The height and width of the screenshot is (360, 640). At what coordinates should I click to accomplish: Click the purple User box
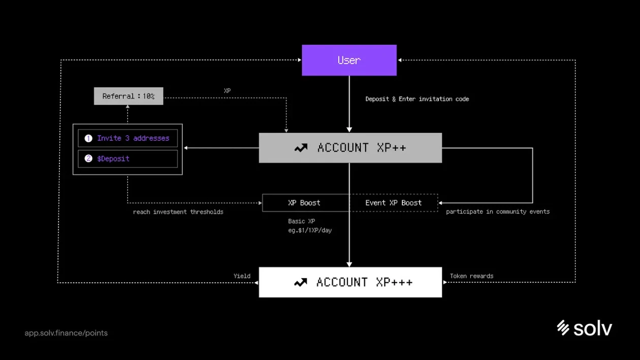[x=349, y=60]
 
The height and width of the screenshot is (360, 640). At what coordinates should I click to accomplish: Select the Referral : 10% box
[x=129, y=96]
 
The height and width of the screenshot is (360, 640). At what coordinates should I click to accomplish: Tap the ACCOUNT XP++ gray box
[x=350, y=148]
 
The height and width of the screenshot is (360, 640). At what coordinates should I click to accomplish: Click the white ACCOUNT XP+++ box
[x=350, y=282]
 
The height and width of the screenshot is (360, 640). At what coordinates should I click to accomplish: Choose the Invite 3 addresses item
[x=127, y=138]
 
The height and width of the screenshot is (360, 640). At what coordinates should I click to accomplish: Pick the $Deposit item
[x=127, y=158]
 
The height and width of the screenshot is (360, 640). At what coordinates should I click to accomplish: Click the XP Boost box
[x=304, y=203]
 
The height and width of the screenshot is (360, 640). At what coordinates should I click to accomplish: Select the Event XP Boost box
[x=394, y=203]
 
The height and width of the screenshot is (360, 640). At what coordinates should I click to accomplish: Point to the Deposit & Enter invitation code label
[x=417, y=99]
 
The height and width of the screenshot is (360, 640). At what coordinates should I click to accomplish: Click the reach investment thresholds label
[x=178, y=212]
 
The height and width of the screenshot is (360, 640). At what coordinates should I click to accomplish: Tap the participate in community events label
[x=498, y=211]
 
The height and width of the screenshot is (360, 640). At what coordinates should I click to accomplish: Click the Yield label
[x=242, y=276]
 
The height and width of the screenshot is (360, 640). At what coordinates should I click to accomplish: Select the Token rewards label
[x=471, y=276]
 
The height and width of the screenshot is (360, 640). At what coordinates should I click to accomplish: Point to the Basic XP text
[x=301, y=221]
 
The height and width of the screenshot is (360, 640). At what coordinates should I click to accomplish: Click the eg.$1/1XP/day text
[x=310, y=230]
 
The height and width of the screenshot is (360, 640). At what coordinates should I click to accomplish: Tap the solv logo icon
[x=562, y=328]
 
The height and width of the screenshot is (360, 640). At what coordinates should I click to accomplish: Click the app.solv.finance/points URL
[x=66, y=333]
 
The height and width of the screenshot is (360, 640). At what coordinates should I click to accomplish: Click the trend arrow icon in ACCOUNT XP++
[x=301, y=148]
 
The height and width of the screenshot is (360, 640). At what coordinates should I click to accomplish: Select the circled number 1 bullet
[x=88, y=138]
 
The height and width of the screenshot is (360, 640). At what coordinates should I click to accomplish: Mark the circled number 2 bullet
[x=88, y=158]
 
